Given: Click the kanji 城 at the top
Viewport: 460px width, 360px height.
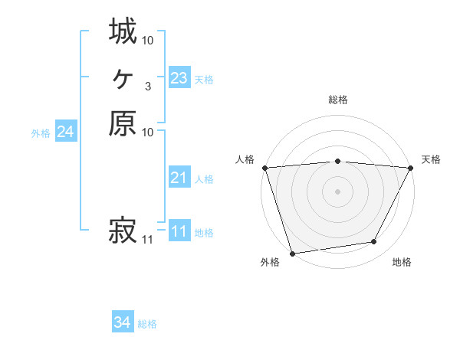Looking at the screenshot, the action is click(123, 31).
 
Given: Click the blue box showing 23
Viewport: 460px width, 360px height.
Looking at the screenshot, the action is click(179, 78).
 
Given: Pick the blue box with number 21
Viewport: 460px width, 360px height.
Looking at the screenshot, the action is click(179, 178).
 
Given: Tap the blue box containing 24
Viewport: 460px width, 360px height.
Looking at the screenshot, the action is click(65, 132).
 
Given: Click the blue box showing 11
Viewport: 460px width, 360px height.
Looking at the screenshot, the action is click(179, 231).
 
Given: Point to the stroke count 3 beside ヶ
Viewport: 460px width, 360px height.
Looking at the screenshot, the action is click(147, 86).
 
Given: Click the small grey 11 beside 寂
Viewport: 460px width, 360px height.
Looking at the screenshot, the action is click(147, 240).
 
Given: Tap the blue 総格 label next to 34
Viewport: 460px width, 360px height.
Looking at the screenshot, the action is click(147, 324).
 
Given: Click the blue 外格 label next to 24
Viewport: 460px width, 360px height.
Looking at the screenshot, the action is click(41, 133).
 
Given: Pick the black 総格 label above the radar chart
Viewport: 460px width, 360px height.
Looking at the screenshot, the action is click(337, 100).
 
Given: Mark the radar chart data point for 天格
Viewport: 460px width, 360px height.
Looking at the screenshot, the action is click(411, 168).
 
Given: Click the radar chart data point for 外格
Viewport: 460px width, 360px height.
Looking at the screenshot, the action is click(292, 254).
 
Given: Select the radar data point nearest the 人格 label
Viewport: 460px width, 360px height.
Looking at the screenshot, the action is click(264, 168).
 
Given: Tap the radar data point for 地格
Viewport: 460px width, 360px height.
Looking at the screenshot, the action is click(374, 242).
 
